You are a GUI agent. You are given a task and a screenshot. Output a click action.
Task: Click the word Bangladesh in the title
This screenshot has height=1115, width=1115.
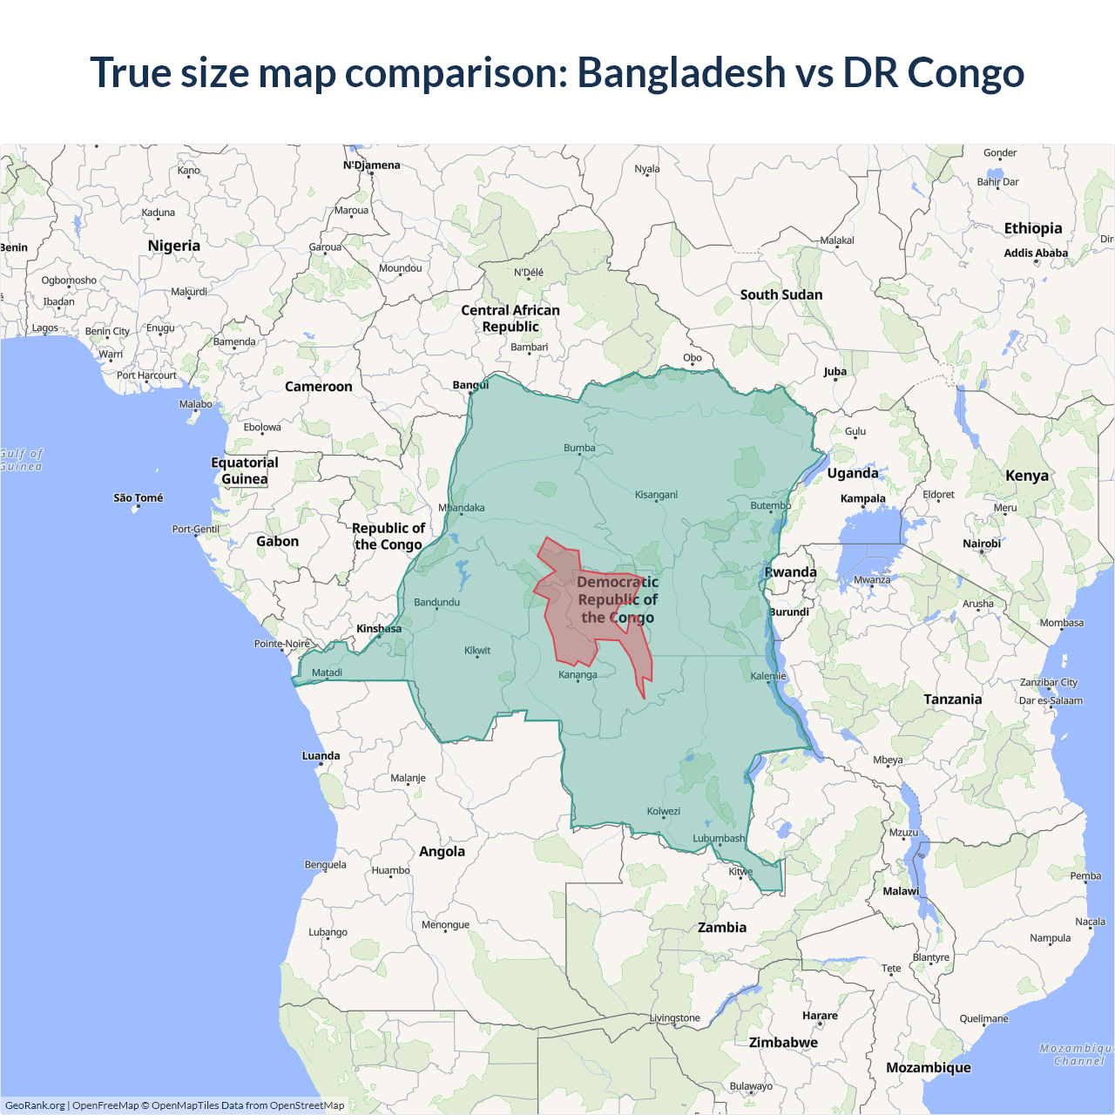[x=681, y=72]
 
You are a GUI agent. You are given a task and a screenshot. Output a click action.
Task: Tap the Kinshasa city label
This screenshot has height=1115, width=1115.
[x=379, y=628]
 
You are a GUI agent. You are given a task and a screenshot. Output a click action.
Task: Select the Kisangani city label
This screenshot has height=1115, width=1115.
[x=656, y=495]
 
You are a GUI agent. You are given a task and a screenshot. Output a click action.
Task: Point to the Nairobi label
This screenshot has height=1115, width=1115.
[x=982, y=544]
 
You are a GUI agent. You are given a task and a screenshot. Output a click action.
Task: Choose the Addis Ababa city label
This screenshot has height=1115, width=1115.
[x=1036, y=253]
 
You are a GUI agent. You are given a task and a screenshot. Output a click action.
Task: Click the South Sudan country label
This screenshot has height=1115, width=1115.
[x=781, y=294]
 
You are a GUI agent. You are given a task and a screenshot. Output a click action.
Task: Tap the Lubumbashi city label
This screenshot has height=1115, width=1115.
[x=719, y=838]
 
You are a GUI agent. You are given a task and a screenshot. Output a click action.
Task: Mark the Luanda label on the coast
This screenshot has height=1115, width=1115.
[x=321, y=755]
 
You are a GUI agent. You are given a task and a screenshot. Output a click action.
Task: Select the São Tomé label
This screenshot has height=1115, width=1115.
[x=138, y=497]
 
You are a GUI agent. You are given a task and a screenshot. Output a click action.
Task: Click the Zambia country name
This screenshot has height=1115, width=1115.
[x=722, y=927]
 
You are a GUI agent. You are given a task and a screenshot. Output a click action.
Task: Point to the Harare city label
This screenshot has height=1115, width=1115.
[x=820, y=1015]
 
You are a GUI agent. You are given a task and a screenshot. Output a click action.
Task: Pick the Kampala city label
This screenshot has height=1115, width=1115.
[x=862, y=498]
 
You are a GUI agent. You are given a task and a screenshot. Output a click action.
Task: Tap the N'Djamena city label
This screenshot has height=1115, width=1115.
[x=372, y=165]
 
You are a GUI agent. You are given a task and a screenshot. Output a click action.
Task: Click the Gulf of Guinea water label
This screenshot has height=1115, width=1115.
[x=21, y=460]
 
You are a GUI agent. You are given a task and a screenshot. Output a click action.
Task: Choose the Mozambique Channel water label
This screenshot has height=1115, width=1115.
[x=1078, y=1054]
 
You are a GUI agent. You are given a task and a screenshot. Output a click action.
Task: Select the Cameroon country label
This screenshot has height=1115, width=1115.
[x=319, y=386]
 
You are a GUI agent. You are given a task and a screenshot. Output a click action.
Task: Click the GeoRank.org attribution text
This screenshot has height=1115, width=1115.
[x=35, y=1105]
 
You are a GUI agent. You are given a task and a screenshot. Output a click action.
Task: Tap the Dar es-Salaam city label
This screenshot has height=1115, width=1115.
[x=1051, y=700]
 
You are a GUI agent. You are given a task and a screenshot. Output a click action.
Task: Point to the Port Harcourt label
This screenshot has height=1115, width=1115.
[x=146, y=375]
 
